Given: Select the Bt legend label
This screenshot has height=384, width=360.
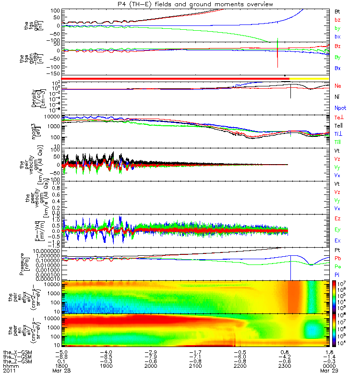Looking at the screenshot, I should (337, 11).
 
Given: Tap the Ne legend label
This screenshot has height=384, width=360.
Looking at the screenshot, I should (338, 85).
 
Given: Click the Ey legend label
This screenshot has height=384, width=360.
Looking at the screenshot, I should (338, 229).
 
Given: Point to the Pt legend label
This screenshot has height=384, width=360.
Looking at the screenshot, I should (337, 251).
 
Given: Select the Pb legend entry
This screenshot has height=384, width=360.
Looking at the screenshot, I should (338, 258).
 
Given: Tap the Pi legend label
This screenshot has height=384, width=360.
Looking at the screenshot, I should (337, 273).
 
